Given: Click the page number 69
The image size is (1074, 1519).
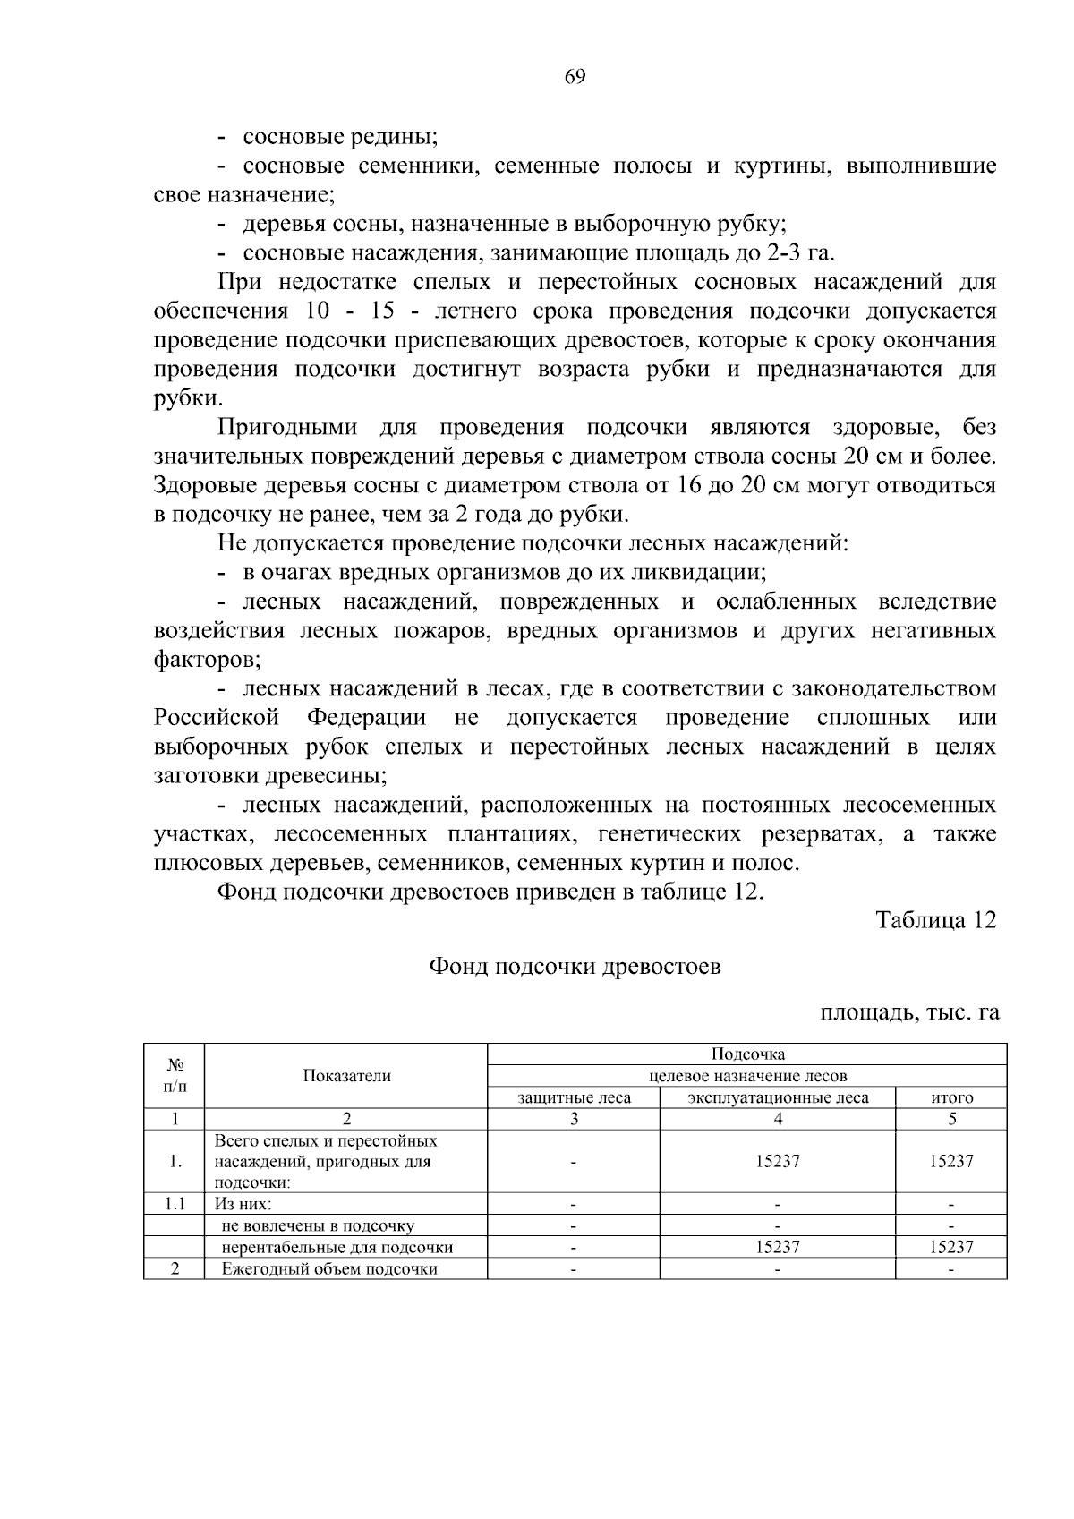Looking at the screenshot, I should click(x=575, y=77).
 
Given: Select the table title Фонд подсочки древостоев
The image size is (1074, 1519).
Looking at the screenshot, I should click(x=575, y=967).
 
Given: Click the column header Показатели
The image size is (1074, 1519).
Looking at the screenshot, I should click(x=346, y=1076).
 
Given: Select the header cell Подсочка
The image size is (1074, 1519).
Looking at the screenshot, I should click(x=747, y=1054).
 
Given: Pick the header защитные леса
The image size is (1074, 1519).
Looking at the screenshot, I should click(x=574, y=1097).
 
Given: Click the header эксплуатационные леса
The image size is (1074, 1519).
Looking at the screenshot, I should click(x=777, y=1097).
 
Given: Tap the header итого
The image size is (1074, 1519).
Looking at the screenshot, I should click(x=951, y=1097).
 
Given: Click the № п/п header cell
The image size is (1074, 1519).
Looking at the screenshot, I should click(x=175, y=1076).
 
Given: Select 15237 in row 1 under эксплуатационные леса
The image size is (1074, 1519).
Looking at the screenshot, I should click(x=777, y=1161).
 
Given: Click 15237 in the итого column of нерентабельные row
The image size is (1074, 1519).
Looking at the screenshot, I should click(x=951, y=1247).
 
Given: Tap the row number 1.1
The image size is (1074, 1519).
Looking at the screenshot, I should click(x=175, y=1204).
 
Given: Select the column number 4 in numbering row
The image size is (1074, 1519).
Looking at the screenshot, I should click(x=777, y=1118).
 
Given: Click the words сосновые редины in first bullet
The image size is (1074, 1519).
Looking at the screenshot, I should click(x=340, y=138).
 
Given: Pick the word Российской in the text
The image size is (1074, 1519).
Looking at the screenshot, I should click(x=217, y=718).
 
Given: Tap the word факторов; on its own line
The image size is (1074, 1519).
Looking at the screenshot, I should click(x=207, y=661).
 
